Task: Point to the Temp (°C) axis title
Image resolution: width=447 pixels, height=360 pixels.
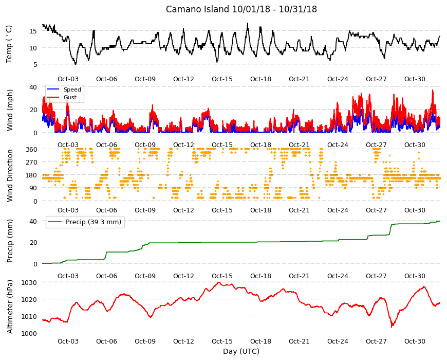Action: pos(9,44)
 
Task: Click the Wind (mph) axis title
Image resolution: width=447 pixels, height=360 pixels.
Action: pos(10,110)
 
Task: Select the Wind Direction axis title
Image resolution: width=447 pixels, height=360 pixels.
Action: pos(10,176)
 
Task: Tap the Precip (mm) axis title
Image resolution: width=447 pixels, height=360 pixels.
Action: pos(10,241)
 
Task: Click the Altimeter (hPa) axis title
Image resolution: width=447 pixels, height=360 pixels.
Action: pos(10,307)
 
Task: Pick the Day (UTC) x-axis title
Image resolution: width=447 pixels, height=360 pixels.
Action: pos(241,351)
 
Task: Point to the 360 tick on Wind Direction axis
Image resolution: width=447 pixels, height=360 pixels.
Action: pos(31,149)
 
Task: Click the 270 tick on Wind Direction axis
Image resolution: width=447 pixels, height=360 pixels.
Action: pos(31,163)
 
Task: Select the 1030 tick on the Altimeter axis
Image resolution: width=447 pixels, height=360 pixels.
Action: pos(29,282)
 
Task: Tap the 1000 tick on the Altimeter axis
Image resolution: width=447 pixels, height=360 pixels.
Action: pos(29,333)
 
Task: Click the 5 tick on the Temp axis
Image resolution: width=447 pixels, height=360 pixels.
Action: pos(35,64)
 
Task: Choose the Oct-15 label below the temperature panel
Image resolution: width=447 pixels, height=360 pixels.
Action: pos(222,79)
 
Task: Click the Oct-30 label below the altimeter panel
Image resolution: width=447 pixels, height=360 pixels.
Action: pos(415,341)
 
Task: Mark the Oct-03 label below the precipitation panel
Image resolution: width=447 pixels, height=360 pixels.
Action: pos(68,276)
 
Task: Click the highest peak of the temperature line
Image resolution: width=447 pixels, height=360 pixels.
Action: pos(248,23)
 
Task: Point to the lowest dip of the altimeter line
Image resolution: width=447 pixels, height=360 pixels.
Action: pos(392,327)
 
